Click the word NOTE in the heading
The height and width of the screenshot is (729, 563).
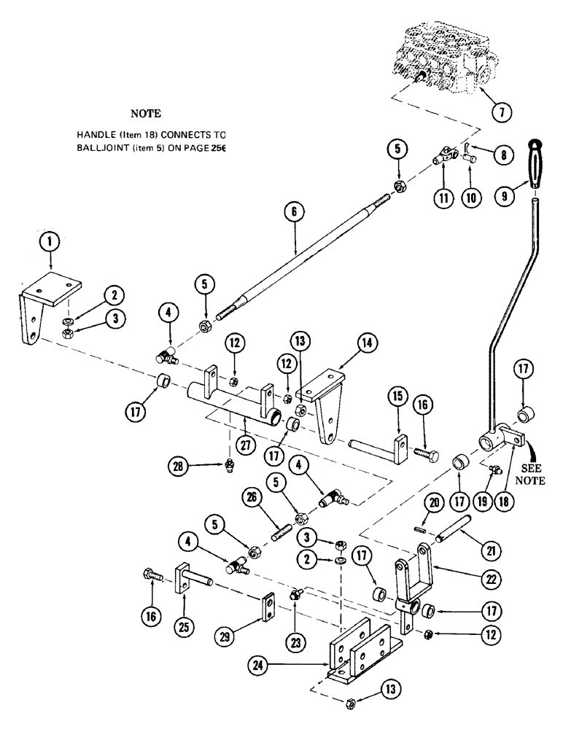(144, 114)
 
